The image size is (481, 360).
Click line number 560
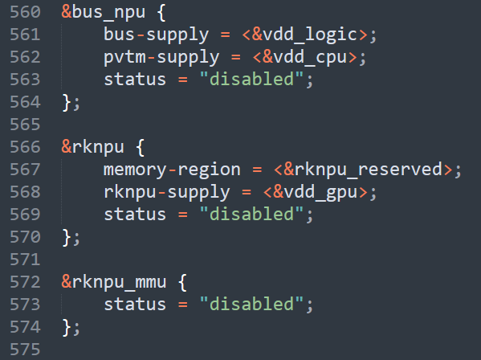(x=25, y=12)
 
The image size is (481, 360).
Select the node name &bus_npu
(x=104, y=13)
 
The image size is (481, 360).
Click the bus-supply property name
(x=156, y=35)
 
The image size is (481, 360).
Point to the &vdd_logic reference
(x=304, y=35)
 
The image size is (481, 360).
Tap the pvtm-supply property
(x=161, y=58)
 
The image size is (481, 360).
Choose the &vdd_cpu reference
(x=304, y=58)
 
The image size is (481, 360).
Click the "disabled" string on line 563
(x=251, y=80)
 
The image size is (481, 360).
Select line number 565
(x=25, y=125)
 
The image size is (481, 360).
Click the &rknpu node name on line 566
(x=92, y=148)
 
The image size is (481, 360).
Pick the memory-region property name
(x=172, y=170)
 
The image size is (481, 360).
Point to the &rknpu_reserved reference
(x=363, y=170)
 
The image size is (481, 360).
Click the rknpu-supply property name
(x=166, y=193)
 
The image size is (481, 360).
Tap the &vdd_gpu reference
(x=315, y=193)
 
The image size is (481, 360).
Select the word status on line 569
(x=135, y=215)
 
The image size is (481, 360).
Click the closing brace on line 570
(x=67, y=238)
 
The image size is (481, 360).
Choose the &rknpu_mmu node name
(x=114, y=283)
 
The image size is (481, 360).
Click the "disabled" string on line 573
(x=251, y=304)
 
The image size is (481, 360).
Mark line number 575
(x=25, y=350)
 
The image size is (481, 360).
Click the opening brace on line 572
(x=182, y=282)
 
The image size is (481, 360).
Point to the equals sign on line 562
(x=235, y=58)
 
